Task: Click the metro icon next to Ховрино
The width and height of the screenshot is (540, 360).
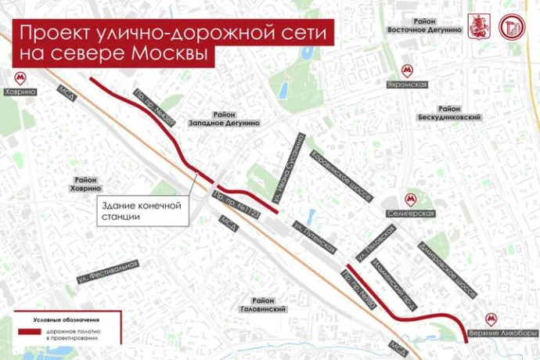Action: pyautogui.click(x=20, y=77)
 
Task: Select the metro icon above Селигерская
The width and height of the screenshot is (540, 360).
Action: pyautogui.click(x=409, y=199)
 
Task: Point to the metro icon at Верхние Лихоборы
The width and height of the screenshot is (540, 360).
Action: pyautogui.click(x=491, y=319)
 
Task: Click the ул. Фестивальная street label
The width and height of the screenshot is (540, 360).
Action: pyautogui.click(x=107, y=271)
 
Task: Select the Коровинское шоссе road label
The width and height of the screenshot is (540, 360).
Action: pyautogui.click(x=340, y=175)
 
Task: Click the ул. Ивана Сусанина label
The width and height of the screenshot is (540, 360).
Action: pyautogui.click(x=289, y=172)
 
